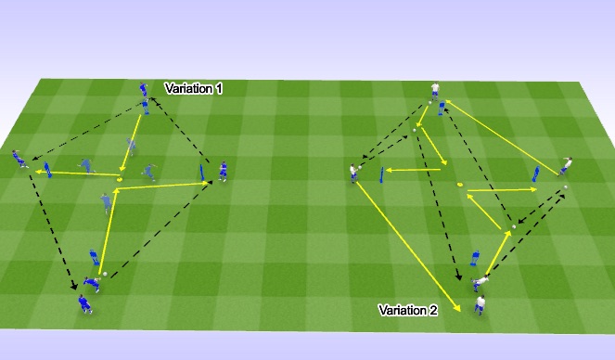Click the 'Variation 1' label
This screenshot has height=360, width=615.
coord(194,88)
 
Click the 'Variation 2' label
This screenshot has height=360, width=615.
coord(407,310)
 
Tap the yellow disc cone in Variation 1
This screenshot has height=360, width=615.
coord(121,177)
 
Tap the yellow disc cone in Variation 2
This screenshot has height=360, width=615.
coord(460,185)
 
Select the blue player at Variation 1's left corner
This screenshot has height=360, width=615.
coord(19,161)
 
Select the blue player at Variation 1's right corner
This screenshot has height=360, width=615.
coord(223,171)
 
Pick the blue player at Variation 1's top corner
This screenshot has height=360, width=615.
coord(144,91)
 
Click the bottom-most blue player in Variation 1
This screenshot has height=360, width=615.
coord(84,303)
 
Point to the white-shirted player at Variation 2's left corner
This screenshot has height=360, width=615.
coord(353,174)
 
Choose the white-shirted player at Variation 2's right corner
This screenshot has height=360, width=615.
coord(567,165)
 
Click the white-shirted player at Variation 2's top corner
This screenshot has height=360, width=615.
coord(434,91)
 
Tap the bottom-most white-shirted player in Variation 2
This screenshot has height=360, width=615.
coord(480,304)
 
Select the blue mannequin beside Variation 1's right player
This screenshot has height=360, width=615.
coord(202,173)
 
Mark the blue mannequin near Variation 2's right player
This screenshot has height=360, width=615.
coord(535,174)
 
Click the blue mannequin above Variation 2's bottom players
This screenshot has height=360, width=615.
coord(475,257)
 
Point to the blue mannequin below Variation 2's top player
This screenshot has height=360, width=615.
coord(442,109)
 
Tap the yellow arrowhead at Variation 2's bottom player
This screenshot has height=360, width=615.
coord(457,310)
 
